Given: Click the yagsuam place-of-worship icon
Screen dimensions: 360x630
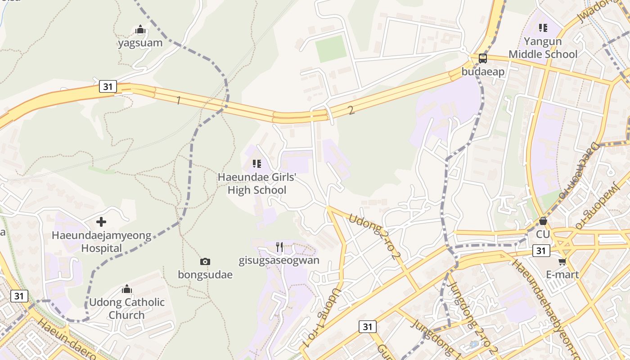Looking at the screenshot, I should click(140, 30).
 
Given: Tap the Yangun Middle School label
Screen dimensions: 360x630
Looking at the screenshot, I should click(543, 48).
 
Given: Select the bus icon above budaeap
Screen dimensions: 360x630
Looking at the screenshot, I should click(482, 58).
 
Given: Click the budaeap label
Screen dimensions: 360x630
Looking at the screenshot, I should click(483, 72).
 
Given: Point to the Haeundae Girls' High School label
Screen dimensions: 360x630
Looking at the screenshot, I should click(256, 184).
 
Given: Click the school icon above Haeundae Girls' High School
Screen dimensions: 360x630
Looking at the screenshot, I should click(256, 164).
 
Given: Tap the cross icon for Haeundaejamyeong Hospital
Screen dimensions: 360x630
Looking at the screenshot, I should click(101, 222).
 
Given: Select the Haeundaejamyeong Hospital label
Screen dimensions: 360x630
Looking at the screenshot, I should click(101, 242).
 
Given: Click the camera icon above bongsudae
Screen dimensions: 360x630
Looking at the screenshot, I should click(205, 261).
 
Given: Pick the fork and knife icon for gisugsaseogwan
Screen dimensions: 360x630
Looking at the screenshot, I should click(279, 247).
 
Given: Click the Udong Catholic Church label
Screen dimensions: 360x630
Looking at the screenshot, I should click(126, 308).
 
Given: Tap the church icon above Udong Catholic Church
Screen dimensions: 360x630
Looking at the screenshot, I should click(127, 288).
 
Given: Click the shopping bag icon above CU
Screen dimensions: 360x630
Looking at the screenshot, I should click(543, 221).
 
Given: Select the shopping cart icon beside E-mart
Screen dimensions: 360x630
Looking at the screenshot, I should click(562, 261).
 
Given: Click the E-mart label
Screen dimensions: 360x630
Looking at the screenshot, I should click(562, 274).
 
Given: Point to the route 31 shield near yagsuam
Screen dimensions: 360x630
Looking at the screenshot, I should click(108, 86).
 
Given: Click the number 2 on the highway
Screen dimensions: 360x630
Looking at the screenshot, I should click(351, 110).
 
